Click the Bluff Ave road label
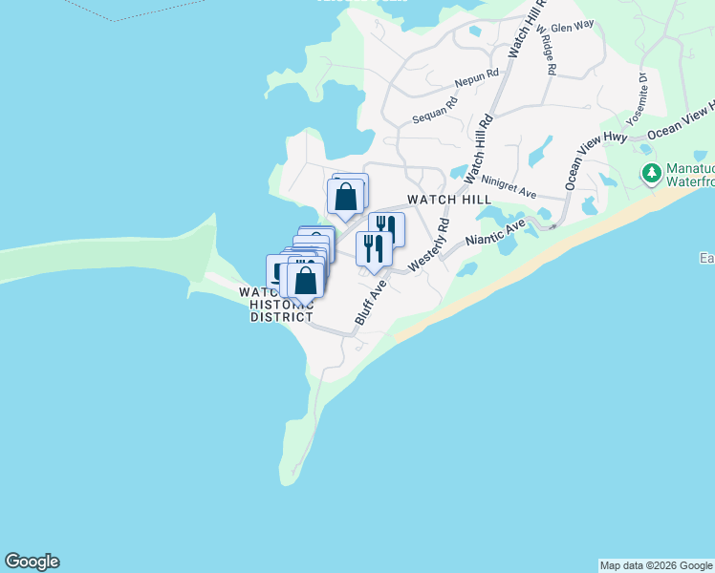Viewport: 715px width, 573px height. point(370,302)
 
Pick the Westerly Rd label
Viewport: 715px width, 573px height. point(429,244)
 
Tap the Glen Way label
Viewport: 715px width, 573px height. point(573,30)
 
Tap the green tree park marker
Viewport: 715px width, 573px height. point(652,174)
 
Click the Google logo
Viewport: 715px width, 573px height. point(32,562)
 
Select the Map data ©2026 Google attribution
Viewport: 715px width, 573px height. point(656,565)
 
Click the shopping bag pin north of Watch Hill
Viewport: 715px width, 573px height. point(345,197)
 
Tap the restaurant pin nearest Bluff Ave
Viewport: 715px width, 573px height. point(373,249)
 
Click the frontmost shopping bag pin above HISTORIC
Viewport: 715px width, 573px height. point(305,282)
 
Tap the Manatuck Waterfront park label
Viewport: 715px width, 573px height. point(689,174)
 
